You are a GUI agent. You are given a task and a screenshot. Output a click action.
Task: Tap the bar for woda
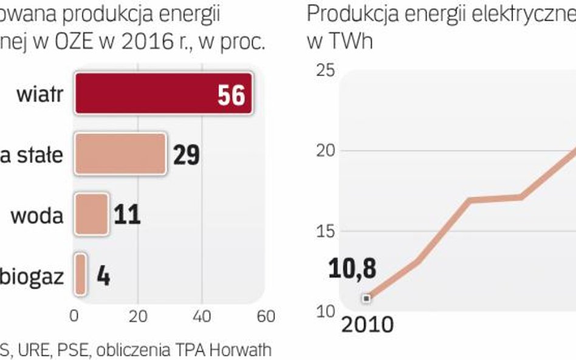pos(91,214)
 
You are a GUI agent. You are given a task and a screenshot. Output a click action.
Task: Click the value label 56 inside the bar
pos(231,95)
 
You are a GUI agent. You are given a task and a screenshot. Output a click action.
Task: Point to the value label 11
pos(127,215)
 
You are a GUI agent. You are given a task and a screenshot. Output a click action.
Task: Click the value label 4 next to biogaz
pos(103,277)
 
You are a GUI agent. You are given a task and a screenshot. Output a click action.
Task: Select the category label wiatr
pos(40,95)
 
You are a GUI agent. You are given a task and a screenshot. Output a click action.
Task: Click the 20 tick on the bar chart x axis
pos(138,317)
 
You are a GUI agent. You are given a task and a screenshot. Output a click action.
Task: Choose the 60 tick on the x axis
pos(266,317)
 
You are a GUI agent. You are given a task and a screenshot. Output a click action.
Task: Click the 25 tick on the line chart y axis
pos(325,70)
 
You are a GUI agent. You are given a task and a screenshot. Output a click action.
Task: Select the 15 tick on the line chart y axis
pos(325,231)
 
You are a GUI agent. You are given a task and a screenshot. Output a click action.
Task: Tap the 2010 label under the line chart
pos(367,325)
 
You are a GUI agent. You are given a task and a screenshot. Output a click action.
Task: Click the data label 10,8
pos(352,268)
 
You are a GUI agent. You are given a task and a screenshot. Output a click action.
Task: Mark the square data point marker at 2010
pos(366,298)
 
